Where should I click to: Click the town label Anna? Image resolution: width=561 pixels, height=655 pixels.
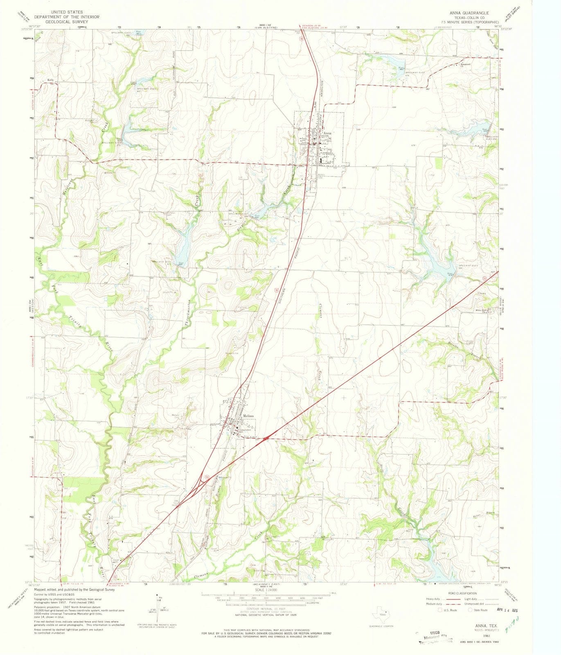pyautogui.click(x=327, y=133)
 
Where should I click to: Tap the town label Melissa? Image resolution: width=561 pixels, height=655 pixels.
pyautogui.click(x=248, y=416)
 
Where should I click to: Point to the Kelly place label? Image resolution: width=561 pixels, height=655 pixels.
pyautogui.click(x=51, y=80)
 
